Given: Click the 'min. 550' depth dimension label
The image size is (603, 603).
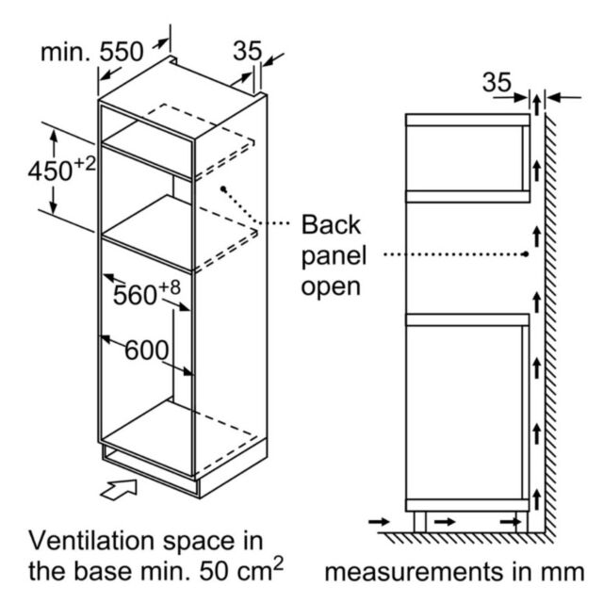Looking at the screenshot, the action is [92, 52].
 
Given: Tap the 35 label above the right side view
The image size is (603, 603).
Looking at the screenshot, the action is [497, 82].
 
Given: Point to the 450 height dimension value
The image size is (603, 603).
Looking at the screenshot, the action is [50, 171].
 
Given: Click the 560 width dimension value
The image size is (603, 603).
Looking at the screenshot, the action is [135, 295].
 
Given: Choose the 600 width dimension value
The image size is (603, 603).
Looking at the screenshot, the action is [147, 350].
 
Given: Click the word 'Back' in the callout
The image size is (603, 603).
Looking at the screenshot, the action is [331, 224].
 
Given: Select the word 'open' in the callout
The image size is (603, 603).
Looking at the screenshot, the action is [331, 287].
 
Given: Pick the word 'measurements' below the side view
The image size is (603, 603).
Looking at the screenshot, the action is [414, 572].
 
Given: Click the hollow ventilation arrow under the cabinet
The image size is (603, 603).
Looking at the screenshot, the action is [119, 489].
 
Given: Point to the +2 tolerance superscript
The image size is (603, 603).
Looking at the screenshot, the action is [84, 164].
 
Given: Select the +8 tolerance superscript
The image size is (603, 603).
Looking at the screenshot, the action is [170, 287].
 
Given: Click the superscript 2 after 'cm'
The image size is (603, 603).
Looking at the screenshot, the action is [278, 564].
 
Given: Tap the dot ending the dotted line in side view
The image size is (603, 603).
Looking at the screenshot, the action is [526, 254].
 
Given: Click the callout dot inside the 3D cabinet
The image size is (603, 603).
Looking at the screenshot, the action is [223, 188].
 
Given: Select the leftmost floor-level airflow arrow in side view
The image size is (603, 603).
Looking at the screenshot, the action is [379, 522].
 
